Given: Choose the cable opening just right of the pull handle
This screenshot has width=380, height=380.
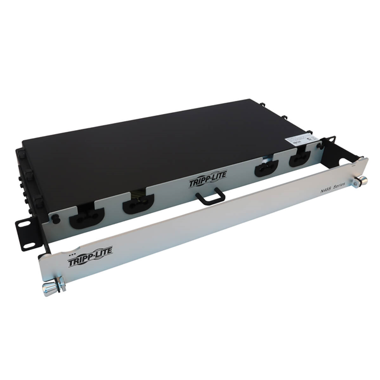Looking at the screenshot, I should click(265, 169).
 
